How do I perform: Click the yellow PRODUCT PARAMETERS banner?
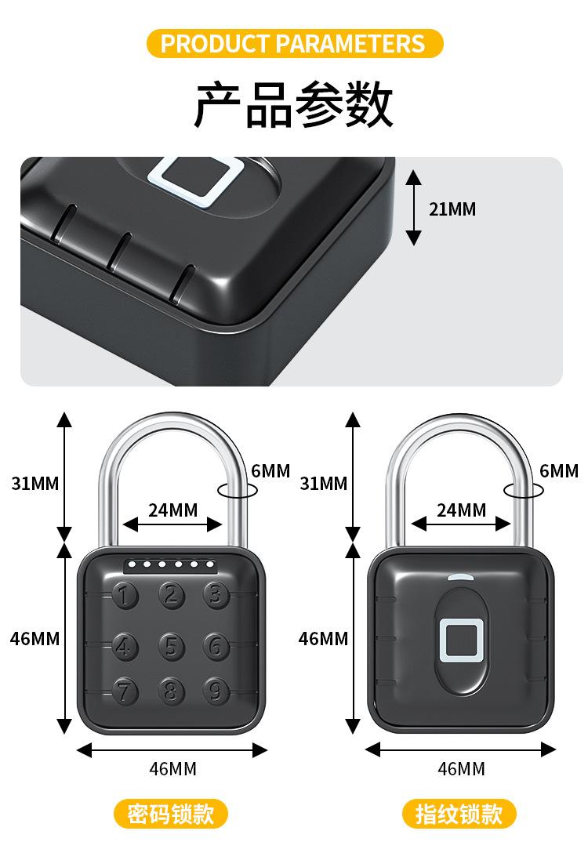click(293, 43)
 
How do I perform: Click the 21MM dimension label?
click(452, 209)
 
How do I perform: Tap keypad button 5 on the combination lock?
click(172, 646)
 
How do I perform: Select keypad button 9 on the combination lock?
click(216, 691)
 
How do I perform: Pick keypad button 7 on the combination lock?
click(124, 691)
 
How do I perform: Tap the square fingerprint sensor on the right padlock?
click(460, 638)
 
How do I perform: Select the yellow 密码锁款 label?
click(171, 814)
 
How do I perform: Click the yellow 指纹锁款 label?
click(460, 814)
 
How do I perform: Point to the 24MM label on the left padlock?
click(173, 510)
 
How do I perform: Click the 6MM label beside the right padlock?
click(559, 471)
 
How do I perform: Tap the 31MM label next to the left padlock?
click(35, 483)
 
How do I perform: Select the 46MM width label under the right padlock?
click(461, 769)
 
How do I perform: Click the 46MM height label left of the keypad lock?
click(35, 639)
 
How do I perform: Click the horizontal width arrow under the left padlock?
click(172, 750)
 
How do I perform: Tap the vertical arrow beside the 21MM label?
click(414, 208)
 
